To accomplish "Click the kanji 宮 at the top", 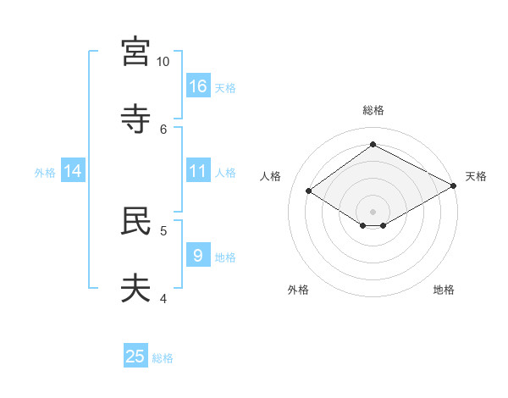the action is coord(135,52).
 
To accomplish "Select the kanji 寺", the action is coord(135,119).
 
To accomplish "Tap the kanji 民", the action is coord(135,221).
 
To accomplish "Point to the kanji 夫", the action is coord(135,288).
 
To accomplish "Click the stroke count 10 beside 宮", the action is coord(163,62).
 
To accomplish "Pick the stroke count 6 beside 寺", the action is coord(163,130).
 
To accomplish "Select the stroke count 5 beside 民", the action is coord(163,231).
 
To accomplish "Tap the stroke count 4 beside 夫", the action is coord(163,298).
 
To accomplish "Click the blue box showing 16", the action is coord(198,86).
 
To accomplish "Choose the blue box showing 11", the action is coord(198,170).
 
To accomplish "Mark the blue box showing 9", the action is coord(198,254).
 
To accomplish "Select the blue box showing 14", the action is coord(73,170).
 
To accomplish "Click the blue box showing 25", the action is coord(135,355).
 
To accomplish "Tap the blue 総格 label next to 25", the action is coord(163,358).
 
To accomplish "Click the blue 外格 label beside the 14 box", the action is coord(45,173).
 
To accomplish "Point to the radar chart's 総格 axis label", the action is coord(373,110).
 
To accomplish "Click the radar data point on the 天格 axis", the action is coord(454,185).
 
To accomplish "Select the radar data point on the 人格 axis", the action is coord(309,191).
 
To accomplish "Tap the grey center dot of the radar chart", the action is coord(373,212).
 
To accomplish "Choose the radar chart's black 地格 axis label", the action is coord(444,290).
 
